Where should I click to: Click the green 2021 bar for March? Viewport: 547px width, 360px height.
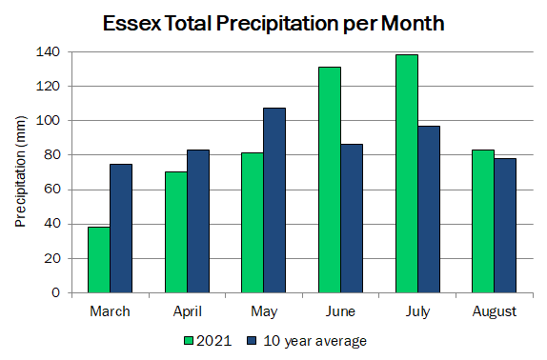99,260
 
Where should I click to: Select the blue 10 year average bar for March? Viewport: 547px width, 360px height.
121,229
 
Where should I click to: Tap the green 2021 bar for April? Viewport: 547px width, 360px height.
176,232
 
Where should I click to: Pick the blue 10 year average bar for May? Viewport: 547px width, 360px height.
274,200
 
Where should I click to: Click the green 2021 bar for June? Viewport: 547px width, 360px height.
330,180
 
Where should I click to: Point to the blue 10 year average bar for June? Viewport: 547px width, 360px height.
352,218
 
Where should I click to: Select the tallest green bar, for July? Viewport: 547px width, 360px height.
407,173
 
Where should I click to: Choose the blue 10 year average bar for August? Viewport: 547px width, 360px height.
505,226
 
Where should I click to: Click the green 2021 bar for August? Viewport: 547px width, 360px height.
483,221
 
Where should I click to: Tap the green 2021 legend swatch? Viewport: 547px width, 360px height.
189,341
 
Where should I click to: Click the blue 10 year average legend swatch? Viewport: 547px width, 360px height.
252,341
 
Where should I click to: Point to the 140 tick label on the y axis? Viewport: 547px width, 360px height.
49,52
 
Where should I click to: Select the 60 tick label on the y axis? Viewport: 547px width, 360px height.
52,190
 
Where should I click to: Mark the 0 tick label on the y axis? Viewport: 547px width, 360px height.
56,292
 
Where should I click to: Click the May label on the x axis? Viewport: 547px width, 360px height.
264,312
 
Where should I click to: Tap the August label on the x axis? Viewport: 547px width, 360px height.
495,312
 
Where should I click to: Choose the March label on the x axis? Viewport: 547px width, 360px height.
110,311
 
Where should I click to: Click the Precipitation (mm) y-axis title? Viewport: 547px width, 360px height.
21,171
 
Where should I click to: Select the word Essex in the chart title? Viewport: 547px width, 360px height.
132,24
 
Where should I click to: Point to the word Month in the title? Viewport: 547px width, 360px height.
413,24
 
